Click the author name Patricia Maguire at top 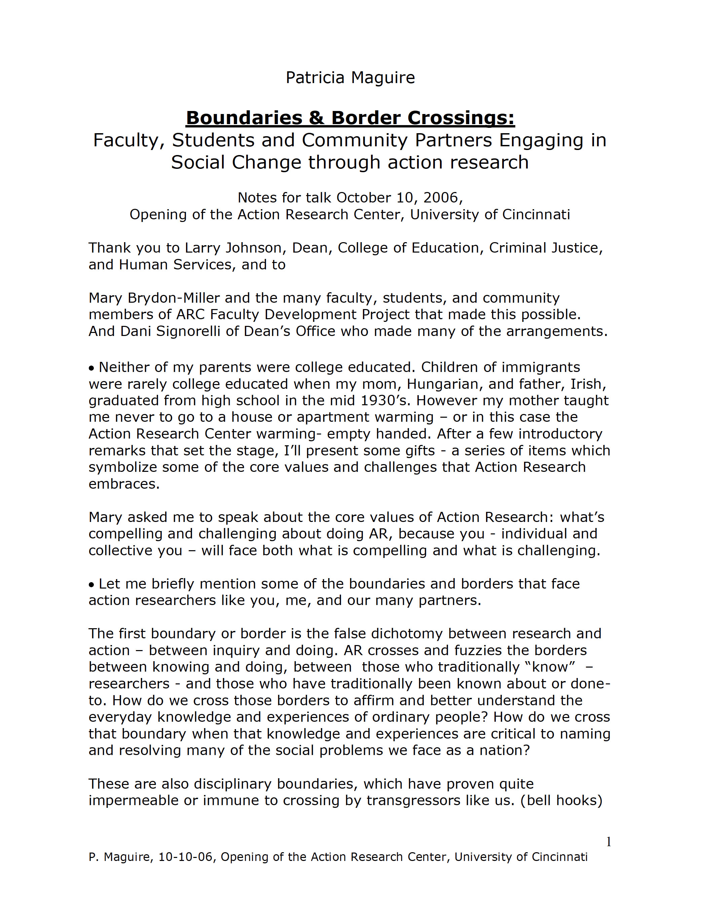[350, 78]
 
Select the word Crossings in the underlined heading [461, 118]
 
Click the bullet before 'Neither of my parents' [91, 368]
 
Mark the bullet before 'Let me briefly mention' [91, 585]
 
